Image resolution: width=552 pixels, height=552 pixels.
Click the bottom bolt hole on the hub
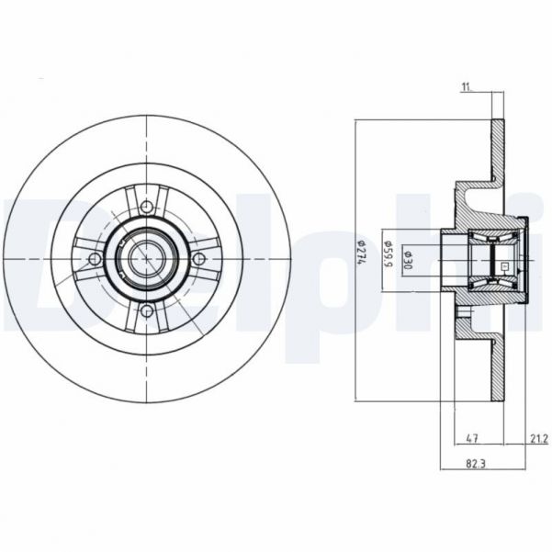[x=147, y=312]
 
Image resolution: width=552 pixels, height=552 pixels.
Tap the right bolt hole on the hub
[x=199, y=260]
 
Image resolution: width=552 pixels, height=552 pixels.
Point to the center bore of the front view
[x=147, y=260]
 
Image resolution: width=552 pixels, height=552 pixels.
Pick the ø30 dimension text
[x=410, y=261]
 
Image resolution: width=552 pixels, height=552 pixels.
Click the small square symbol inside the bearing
[x=502, y=265]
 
